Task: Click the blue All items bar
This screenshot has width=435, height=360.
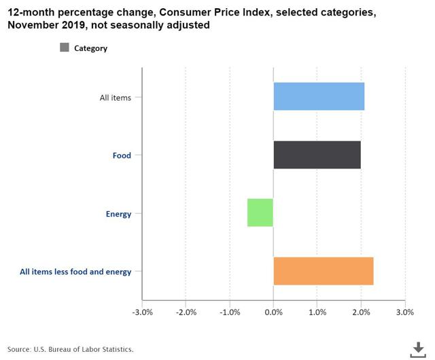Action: click(x=319, y=96)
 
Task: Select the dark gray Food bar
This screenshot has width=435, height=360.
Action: click(x=317, y=155)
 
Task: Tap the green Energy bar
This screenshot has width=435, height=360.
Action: click(x=260, y=213)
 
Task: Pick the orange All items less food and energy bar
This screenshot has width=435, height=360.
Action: click(x=324, y=271)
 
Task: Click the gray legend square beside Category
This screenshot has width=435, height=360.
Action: click(x=65, y=48)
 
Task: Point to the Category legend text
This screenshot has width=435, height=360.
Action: click(x=90, y=48)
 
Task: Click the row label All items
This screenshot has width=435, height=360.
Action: click(x=116, y=98)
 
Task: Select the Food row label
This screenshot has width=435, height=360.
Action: click(x=122, y=156)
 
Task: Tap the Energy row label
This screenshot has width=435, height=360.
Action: click(x=118, y=214)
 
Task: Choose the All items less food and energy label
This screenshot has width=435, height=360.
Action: click(x=75, y=272)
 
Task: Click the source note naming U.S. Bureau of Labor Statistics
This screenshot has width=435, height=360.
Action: click(x=71, y=349)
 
